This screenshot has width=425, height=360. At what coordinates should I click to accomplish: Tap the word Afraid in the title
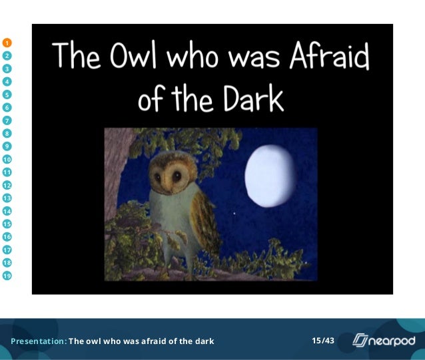point(329,56)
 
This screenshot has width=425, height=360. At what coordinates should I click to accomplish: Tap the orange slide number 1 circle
point(7,43)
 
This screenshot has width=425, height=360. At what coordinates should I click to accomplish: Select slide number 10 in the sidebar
point(7,159)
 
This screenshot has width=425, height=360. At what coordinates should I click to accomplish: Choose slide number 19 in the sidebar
point(7,275)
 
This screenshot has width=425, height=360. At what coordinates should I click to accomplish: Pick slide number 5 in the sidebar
point(7,94)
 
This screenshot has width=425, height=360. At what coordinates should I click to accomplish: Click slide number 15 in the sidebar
point(7,224)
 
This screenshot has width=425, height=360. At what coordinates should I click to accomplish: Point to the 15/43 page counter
point(323,341)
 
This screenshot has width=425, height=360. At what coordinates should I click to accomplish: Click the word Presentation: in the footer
point(39,341)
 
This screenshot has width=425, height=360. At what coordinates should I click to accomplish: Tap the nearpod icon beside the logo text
point(360,341)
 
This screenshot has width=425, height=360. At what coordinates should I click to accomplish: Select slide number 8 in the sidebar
point(7,133)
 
